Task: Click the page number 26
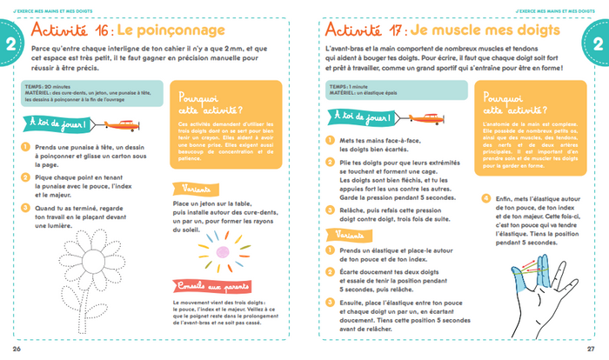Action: pos(17,349)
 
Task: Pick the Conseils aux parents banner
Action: pos(211,287)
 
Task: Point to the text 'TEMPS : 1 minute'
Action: pos(345,87)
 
